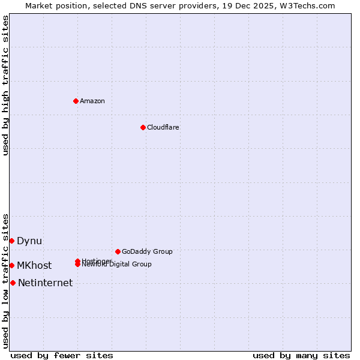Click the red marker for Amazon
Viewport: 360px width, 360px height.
point(76,101)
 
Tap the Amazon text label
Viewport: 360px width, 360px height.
point(92,101)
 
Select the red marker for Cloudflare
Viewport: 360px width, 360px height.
point(143,127)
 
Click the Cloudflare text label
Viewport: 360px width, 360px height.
point(163,127)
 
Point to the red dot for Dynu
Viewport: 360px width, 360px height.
point(11,241)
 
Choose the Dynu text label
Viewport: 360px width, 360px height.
point(29,241)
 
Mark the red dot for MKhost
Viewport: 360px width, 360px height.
point(11,265)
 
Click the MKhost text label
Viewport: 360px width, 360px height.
point(34,266)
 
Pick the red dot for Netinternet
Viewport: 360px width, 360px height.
point(13,283)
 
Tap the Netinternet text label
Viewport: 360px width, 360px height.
point(46,283)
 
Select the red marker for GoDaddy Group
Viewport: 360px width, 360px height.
point(118,251)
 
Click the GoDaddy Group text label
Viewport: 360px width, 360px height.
point(147,251)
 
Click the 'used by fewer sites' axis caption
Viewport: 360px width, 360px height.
point(62,355)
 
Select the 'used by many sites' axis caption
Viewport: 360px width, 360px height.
point(301,355)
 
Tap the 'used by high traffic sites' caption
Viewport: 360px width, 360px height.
point(5,85)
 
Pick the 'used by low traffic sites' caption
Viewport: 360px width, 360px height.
point(5,280)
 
